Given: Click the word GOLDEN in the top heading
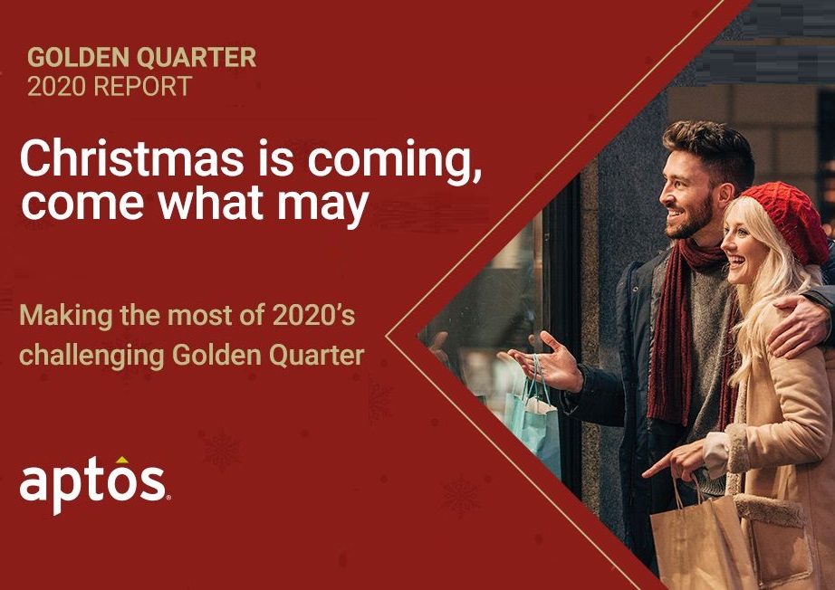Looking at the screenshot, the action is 78,57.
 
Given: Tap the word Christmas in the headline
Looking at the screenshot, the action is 131,158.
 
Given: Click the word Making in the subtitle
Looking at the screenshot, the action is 66,316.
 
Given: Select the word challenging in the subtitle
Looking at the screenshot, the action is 91,356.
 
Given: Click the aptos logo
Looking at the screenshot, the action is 95,485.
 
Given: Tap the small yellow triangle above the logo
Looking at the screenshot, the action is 122,460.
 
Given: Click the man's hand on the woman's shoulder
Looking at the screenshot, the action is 800,326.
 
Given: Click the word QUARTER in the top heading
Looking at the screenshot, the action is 197,57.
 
